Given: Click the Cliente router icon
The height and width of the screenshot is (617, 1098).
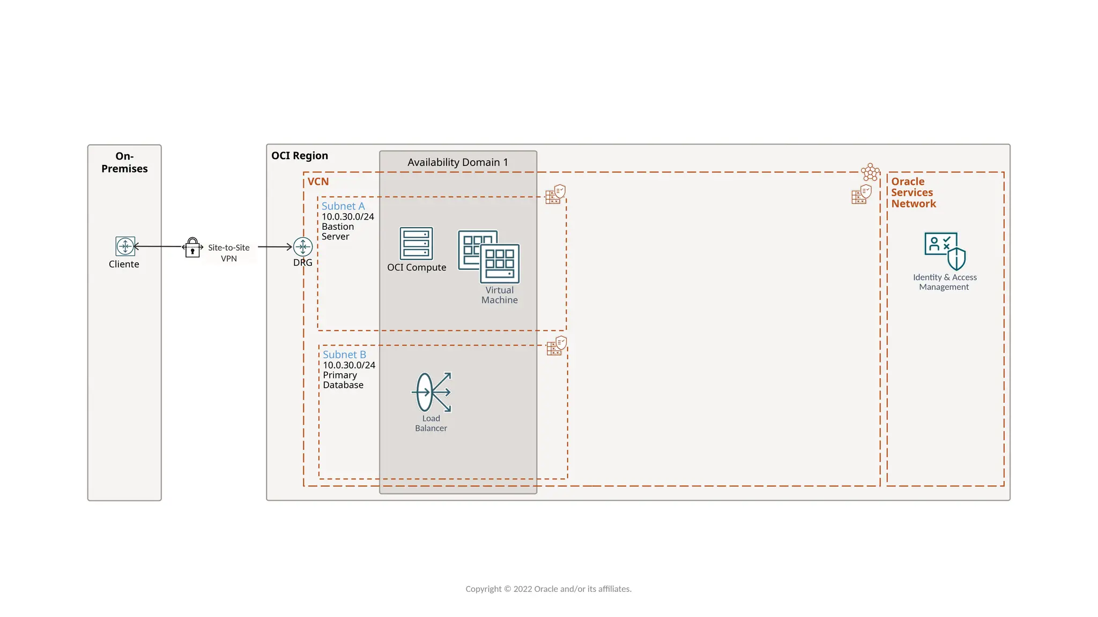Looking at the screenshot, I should pos(125,246).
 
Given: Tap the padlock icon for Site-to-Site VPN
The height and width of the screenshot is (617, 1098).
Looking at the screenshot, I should pos(192,248).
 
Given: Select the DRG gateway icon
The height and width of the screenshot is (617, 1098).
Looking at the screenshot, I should pos(303,247).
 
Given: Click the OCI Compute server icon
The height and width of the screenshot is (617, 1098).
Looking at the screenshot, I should pos(416,244).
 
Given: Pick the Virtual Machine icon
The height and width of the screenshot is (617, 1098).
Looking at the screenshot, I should pos(489,257).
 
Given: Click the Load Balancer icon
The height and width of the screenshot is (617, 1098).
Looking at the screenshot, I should pos(432,392).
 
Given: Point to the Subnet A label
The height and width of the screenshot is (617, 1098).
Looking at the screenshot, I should pos(343,206).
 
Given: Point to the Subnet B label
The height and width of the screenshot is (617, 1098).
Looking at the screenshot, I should pos(344,355).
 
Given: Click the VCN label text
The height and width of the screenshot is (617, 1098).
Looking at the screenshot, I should pos(318,182).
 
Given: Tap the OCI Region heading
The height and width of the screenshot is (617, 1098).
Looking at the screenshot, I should pos(299,156).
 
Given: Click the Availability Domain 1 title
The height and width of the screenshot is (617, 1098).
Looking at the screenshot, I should pos(457,162).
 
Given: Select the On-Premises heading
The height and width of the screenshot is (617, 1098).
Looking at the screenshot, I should pos(124,162).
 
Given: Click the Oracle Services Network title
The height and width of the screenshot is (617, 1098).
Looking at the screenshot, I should pos(913,193).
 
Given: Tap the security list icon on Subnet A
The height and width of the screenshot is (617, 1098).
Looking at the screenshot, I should pos(555,194).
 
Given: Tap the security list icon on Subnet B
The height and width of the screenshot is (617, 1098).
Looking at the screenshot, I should pos(557,346).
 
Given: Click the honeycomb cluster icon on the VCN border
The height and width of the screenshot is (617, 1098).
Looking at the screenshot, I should pos(870,172).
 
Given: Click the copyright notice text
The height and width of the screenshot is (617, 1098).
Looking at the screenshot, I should pos(548,589).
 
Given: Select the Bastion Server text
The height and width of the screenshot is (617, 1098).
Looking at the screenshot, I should pos(338,231).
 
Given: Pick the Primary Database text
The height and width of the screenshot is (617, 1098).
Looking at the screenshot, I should pos(343,380).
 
